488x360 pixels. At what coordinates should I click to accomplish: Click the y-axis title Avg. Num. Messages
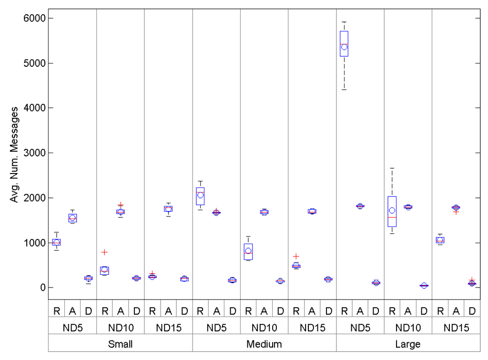[14, 154]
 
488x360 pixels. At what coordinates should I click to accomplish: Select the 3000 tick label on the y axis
[30, 153]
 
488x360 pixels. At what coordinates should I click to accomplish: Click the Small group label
[120, 344]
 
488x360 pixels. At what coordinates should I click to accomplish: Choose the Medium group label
[264, 344]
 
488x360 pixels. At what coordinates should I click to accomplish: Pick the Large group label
[408, 344]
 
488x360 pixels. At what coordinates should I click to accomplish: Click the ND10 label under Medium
[264, 328]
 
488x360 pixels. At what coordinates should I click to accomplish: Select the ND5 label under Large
[360, 328]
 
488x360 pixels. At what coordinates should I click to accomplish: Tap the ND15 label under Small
[168, 328]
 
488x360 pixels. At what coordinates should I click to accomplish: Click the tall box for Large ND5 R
[344, 44]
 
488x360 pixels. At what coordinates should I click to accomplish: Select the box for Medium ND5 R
[200, 196]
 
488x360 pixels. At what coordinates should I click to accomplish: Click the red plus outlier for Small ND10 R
[104, 252]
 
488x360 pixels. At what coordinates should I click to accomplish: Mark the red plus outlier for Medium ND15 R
[296, 256]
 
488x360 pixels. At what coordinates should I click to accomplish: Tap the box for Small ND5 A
[72, 218]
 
